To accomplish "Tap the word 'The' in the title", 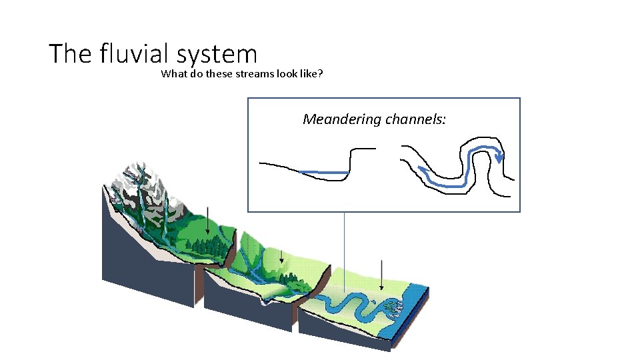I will tap(72, 53).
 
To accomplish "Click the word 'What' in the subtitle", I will tap(173, 74).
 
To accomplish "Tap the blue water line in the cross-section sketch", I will tap(323, 173).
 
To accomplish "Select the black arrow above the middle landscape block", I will tap(282, 255).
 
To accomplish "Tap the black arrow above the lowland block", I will tap(381, 273).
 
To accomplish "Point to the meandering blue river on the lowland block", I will tap(347, 307).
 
